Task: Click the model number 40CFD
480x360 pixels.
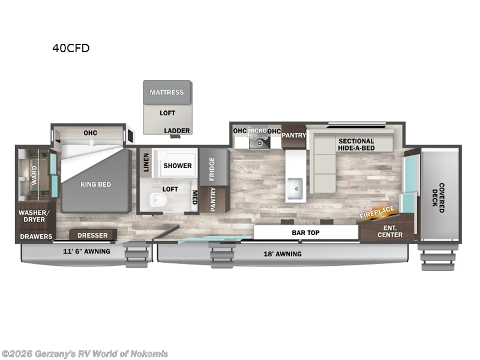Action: [71, 49]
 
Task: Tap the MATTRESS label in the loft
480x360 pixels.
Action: [167, 92]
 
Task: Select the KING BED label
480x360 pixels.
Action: [96, 184]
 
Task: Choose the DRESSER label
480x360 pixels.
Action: [92, 235]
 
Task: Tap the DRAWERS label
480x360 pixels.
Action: [36, 236]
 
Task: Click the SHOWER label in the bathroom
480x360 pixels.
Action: [178, 166]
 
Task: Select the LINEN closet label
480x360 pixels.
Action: [146, 162]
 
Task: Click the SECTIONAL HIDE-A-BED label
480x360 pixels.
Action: [356, 145]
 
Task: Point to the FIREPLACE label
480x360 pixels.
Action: [377, 212]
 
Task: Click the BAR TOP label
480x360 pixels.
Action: [305, 232]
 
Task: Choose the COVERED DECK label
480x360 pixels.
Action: [441, 198]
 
